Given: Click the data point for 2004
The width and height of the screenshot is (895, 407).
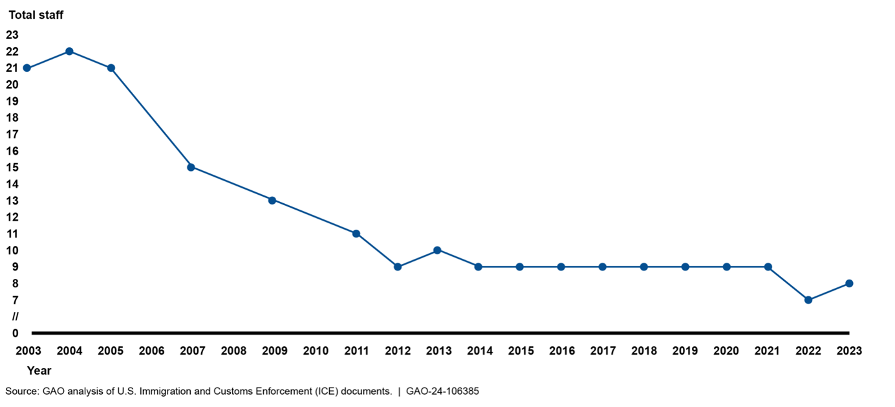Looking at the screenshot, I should (x=69, y=51).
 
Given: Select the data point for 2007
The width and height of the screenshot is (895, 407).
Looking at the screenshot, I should (x=191, y=167).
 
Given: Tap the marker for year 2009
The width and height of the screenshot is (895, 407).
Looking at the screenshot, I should (x=272, y=200).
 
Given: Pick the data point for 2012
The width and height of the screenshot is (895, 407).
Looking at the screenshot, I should (x=398, y=267).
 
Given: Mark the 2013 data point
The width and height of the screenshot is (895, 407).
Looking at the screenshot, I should (x=437, y=250).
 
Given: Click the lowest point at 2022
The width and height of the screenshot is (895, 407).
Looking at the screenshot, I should (x=808, y=300).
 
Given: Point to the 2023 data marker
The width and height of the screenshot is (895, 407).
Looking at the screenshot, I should (x=849, y=283).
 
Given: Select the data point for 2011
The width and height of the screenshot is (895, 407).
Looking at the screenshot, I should (x=356, y=234).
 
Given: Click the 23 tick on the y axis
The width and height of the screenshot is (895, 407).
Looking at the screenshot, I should (x=12, y=35).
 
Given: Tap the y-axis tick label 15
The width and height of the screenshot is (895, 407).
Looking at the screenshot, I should (x=12, y=168).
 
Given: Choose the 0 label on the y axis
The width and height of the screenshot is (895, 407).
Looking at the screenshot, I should (x=16, y=333).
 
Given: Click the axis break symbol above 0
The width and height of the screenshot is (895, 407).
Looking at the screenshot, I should (x=16, y=316).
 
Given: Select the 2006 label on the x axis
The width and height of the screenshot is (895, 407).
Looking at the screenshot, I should (x=151, y=351).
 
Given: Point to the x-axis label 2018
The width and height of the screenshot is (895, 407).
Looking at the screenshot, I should (x=643, y=351).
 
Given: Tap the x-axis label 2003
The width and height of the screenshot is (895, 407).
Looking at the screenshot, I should (x=28, y=351).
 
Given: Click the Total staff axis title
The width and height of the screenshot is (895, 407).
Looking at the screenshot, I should (x=36, y=15).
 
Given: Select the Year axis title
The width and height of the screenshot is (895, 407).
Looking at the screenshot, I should (x=39, y=371).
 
